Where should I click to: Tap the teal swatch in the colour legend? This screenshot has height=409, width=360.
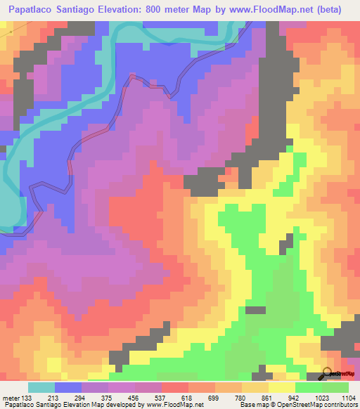tap(41, 387)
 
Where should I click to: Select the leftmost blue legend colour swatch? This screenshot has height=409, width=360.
tap(68, 387)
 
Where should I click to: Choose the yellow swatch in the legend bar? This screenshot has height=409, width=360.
tap(281, 387)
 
